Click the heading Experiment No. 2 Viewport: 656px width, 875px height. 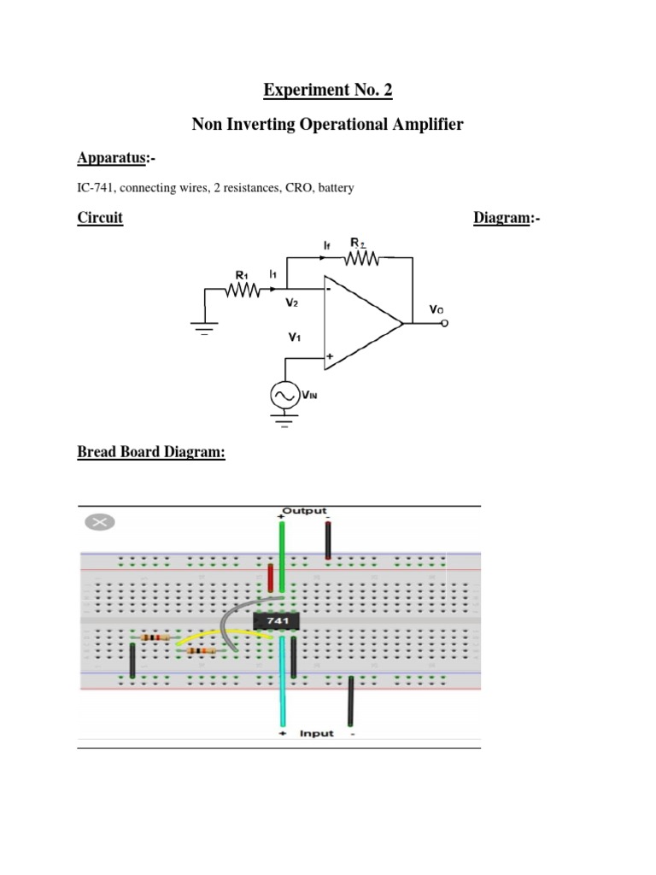(x=327, y=90)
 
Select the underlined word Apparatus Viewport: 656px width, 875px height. (x=112, y=158)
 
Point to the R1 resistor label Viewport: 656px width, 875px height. (x=242, y=275)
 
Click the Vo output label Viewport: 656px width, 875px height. (x=436, y=312)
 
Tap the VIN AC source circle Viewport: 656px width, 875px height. (x=284, y=394)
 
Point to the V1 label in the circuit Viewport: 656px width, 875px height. (x=295, y=338)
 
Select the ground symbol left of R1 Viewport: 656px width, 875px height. (x=205, y=326)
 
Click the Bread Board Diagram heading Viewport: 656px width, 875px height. (x=151, y=452)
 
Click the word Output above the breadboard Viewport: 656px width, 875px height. (x=304, y=511)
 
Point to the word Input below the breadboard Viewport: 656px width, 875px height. (x=316, y=733)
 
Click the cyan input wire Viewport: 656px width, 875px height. (x=281, y=684)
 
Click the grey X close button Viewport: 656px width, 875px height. (x=100, y=523)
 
